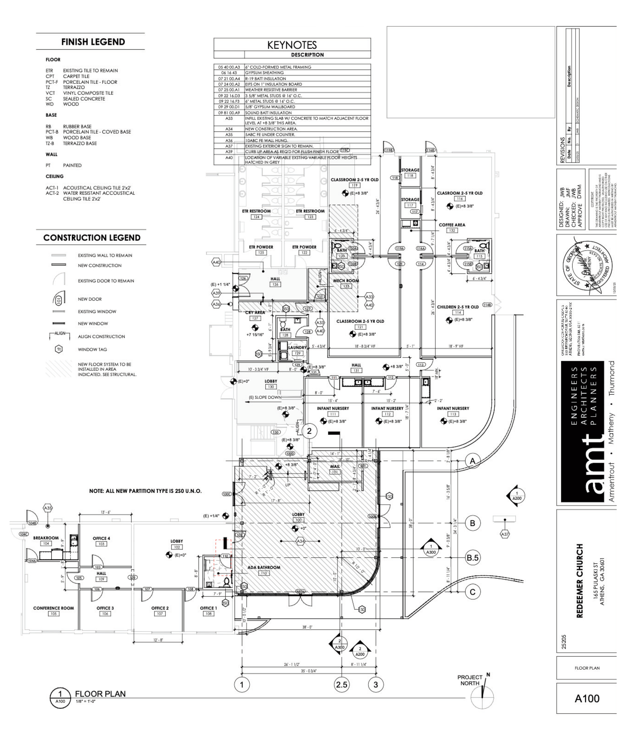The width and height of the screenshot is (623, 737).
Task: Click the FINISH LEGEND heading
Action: click(x=93, y=42)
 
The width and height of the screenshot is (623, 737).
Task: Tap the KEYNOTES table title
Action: click(x=292, y=45)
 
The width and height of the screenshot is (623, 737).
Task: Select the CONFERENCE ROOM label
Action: click(x=54, y=608)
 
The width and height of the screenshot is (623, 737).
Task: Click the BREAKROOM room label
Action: click(x=46, y=538)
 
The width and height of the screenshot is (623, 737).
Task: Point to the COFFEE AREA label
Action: click(x=452, y=225)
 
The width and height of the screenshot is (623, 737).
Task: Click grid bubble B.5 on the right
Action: click(x=472, y=558)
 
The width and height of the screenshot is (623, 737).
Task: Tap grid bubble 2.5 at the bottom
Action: click(x=341, y=685)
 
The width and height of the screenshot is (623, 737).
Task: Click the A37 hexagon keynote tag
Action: click(x=505, y=534)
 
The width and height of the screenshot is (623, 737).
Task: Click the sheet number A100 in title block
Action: click(x=587, y=699)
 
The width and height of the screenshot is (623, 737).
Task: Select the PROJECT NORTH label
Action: click(x=469, y=680)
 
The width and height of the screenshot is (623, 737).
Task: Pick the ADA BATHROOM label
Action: click(x=264, y=568)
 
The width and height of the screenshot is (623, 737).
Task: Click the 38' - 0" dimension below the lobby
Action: click(x=307, y=627)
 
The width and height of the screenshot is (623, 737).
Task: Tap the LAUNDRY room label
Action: click(x=297, y=348)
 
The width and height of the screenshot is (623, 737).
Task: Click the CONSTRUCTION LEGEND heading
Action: click(x=92, y=238)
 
